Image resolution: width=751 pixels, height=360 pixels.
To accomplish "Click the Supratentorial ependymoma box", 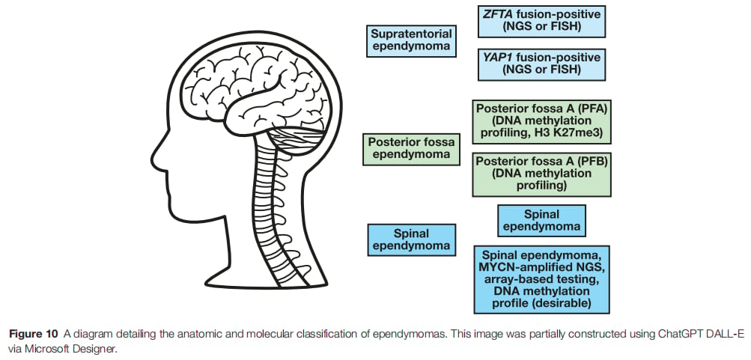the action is tap(411, 40).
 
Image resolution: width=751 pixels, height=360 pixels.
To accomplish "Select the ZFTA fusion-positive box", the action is tap(541, 22).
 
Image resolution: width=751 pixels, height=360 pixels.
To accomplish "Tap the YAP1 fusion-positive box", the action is tap(541, 64).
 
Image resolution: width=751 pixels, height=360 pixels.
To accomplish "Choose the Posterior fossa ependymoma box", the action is tap(411, 149).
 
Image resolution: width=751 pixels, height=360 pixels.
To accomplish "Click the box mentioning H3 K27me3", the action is tap(541, 121).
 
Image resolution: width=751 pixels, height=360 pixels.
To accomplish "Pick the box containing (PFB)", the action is tap(541, 174).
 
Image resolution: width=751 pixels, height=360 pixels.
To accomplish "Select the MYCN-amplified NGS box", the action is tap(541, 280).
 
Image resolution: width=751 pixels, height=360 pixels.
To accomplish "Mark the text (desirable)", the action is tap(567, 303).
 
